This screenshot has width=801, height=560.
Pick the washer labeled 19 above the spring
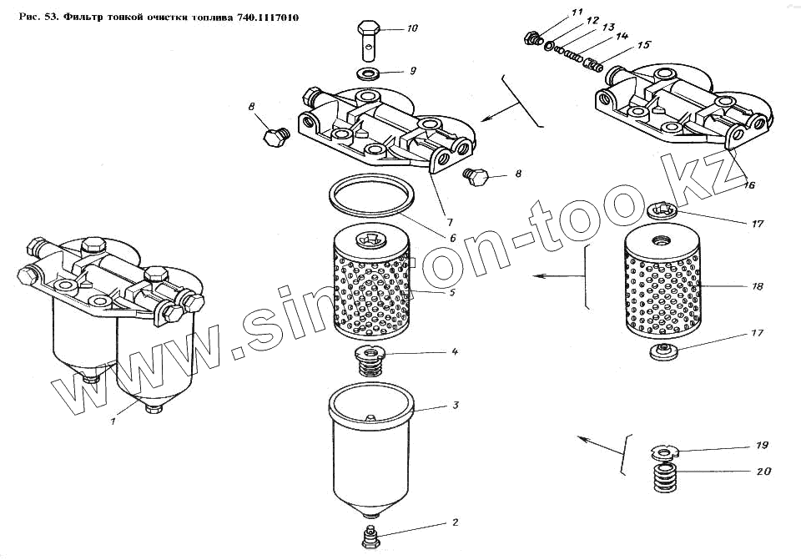(x=664, y=452)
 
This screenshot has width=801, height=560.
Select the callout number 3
(x=455, y=406)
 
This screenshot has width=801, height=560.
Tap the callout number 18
(x=757, y=287)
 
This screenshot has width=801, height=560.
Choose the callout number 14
(x=622, y=37)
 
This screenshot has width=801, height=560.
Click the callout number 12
(x=592, y=19)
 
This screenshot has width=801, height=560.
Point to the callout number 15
(x=643, y=45)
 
